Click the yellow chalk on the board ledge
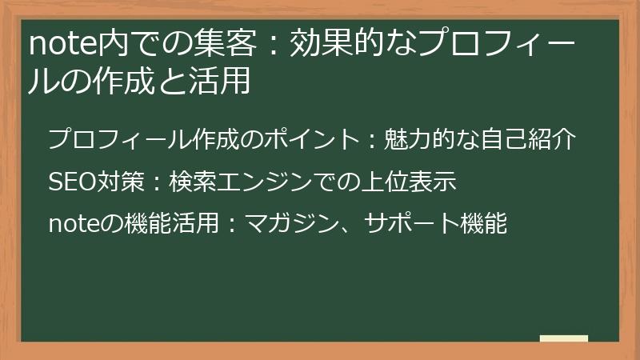pos(563,339)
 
